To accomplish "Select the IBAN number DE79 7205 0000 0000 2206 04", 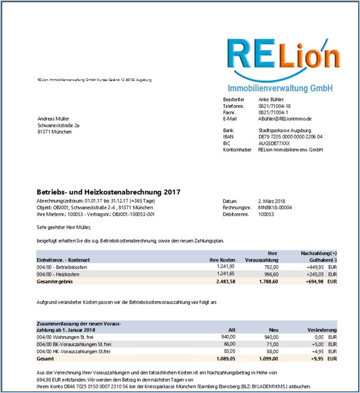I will pyautogui.click(x=290, y=136).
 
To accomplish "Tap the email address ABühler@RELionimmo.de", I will pyautogui.click(x=285, y=118).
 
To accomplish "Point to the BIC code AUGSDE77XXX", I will pyautogui.click(x=274, y=143).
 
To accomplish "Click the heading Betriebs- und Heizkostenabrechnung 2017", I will pyautogui.click(x=109, y=192).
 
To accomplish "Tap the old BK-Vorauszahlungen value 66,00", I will pyautogui.click(x=230, y=344).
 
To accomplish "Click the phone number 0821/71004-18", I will pyautogui.click(x=274, y=106).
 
